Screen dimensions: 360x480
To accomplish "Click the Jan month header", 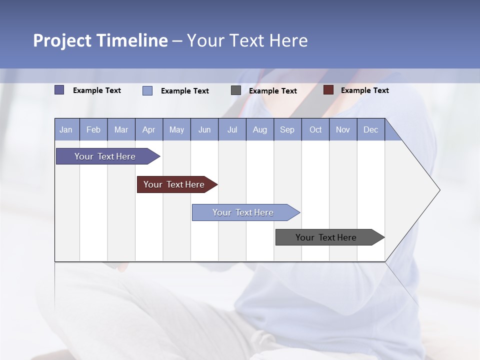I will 66,129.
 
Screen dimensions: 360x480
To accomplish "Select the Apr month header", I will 149,129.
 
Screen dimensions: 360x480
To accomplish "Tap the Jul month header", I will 232,129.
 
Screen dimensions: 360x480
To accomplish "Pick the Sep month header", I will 287,129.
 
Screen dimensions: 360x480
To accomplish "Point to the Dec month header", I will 370,129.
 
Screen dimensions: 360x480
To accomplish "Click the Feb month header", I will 93,129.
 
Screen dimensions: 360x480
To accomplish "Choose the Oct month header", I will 315,129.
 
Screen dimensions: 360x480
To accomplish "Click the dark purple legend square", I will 59,90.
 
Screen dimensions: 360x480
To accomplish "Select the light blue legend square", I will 147,90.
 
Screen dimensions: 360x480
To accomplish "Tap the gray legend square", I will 236,90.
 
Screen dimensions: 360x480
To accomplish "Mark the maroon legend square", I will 328,90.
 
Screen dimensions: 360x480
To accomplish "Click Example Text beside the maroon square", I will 364,90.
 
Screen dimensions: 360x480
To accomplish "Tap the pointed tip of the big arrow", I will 439,190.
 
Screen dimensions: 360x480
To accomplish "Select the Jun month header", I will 204,129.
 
